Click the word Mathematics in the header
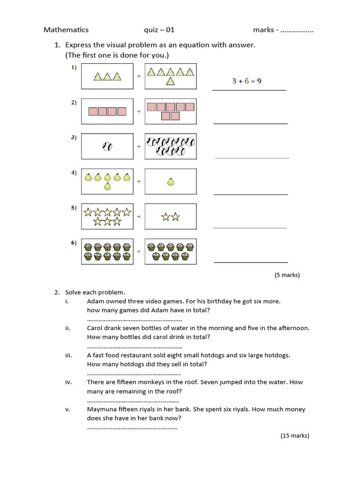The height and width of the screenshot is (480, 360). click(x=66, y=30)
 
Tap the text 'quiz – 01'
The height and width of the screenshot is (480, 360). click(x=159, y=30)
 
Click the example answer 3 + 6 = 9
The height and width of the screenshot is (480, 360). click(x=247, y=81)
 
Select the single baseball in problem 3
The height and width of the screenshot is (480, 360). click(x=107, y=146)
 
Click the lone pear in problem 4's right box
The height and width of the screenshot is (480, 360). click(x=171, y=181)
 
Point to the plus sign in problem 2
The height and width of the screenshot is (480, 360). click(x=139, y=112)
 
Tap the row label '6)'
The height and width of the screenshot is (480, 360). click(x=74, y=243)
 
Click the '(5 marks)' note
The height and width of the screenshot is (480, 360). click(x=287, y=275)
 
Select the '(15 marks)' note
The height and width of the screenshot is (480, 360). click(x=294, y=435)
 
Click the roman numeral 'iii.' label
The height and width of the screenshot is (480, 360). click(x=68, y=355)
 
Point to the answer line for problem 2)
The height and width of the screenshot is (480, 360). click(x=250, y=123)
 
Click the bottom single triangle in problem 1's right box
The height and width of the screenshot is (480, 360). click(x=171, y=82)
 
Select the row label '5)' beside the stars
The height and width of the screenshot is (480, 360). click(x=74, y=208)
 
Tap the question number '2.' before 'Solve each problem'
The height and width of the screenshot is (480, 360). click(x=57, y=292)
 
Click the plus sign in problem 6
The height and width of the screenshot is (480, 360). click(x=139, y=252)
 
